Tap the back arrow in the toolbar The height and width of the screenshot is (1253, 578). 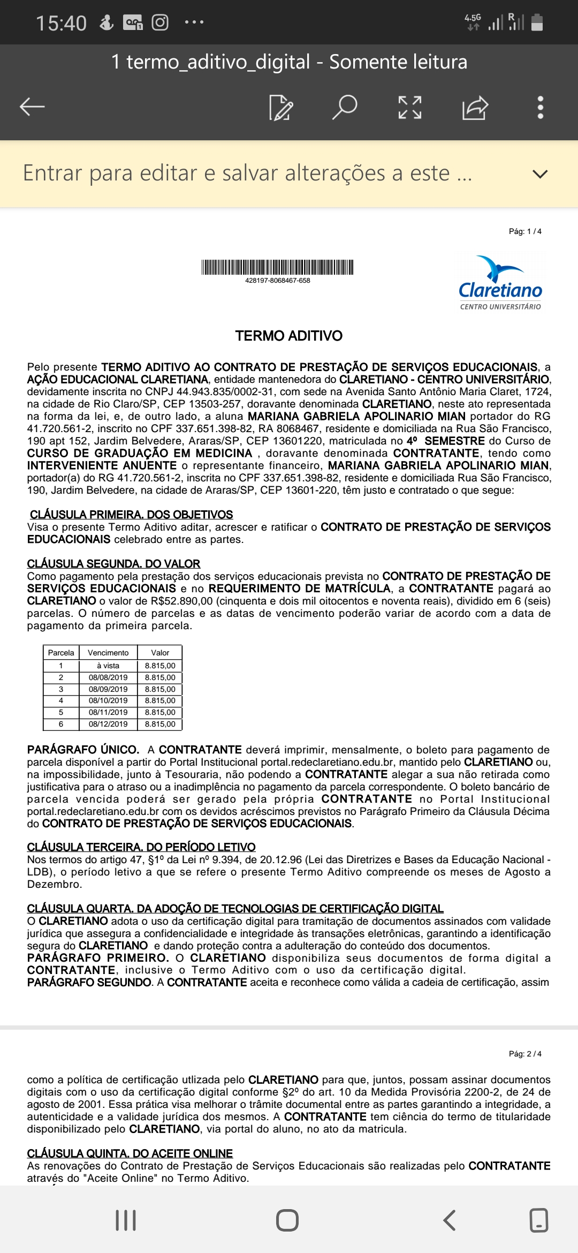click(x=32, y=107)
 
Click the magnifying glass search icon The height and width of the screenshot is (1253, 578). click(x=344, y=107)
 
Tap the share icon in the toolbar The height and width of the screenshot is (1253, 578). click(x=475, y=107)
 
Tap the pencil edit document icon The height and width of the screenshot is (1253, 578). click(x=280, y=107)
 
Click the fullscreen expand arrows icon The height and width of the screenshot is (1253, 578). click(x=410, y=107)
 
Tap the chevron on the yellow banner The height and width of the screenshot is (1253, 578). click(x=540, y=174)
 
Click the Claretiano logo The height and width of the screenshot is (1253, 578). click(x=500, y=283)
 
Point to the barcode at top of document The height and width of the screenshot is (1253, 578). click(x=277, y=267)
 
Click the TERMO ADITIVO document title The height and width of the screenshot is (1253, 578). click(x=289, y=336)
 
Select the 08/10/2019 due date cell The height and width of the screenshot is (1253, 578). click(x=108, y=700)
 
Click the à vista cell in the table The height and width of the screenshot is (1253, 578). click(x=108, y=666)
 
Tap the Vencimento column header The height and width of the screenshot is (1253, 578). click(x=108, y=653)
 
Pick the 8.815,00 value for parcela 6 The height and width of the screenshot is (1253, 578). click(x=160, y=724)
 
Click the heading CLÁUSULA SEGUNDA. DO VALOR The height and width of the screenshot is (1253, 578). click(x=113, y=564)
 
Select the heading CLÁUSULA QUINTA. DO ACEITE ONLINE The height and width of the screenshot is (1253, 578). click(x=130, y=1153)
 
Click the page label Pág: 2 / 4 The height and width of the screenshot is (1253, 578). click(x=525, y=1054)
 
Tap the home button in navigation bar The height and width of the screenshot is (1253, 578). click(x=287, y=1220)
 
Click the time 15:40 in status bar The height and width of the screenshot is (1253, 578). click(x=61, y=23)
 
